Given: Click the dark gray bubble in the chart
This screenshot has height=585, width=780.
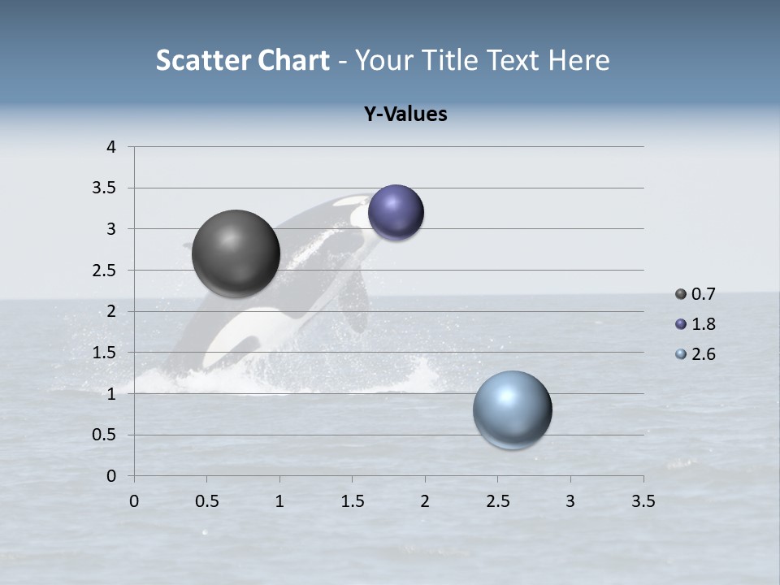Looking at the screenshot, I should click(236, 253).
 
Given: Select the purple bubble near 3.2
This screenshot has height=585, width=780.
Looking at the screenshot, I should click(396, 213).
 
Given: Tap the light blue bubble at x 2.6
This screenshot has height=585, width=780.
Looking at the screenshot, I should click(512, 409).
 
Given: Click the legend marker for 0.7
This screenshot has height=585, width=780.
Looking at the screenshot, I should click(681, 294).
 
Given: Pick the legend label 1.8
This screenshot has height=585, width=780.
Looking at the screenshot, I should click(703, 324).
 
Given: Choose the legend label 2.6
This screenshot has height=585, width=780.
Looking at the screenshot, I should click(703, 354).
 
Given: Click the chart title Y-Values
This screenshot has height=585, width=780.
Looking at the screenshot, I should click(405, 115).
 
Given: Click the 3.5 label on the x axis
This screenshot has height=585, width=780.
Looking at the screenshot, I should click(643, 501).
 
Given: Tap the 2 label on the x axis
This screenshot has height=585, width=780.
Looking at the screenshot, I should click(425, 501).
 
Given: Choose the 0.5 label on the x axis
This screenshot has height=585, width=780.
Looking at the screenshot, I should click(206, 501).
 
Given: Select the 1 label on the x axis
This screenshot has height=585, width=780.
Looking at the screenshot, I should click(279, 501).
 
